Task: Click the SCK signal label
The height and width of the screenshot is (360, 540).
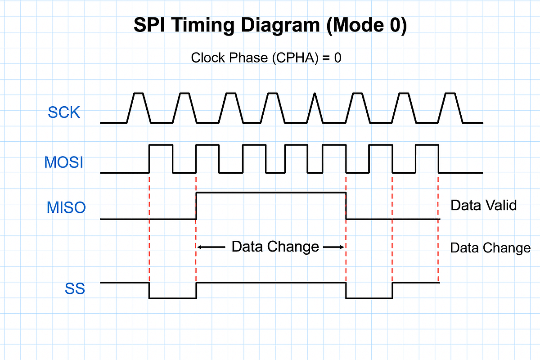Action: point(64,112)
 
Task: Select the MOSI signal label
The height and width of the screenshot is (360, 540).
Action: point(64,162)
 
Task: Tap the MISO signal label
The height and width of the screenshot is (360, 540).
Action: point(66,207)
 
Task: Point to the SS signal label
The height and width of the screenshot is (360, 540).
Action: point(75,288)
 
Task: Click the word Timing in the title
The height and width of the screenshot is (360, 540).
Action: point(203,25)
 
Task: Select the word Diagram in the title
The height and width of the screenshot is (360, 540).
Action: point(280,25)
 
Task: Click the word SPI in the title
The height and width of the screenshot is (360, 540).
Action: point(149,25)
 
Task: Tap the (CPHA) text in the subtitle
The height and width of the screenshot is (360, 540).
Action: point(295,58)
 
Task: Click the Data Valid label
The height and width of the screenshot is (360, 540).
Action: point(484,206)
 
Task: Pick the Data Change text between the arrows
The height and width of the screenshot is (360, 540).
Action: point(275,247)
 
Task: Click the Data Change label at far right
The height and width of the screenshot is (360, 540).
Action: point(490,248)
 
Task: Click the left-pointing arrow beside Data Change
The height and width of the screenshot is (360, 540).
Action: point(211,247)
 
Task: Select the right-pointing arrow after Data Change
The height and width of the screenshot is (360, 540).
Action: point(333,247)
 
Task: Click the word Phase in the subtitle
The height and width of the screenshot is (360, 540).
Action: point(248,58)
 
